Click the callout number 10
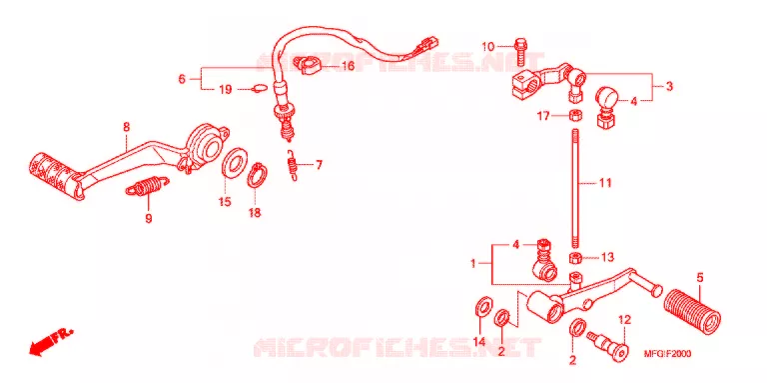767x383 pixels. [x=487, y=47]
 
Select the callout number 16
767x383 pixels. [x=348, y=66]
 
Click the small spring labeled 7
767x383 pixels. [x=293, y=165]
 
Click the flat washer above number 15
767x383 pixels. [x=234, y=162]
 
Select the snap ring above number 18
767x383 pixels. [x=259, y=175]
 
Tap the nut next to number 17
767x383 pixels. [x=575, y=116]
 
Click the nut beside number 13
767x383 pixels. [x=575, y=258]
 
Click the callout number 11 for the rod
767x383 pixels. [x=605, y=183]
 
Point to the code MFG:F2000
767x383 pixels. [x=667, y=354]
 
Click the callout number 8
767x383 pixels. [x=126, y=127]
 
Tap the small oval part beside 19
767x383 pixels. [x=260, y=89]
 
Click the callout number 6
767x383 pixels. [x=182, y=78]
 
